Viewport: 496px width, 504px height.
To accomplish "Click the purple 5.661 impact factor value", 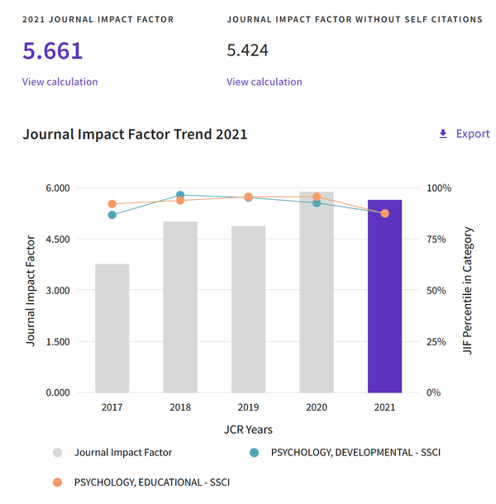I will pos(53,51).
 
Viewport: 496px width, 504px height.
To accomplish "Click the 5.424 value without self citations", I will pos(247,51).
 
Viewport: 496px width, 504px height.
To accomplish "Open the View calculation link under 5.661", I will pos(60,82).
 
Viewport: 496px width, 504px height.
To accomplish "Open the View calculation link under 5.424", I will pos(264,82).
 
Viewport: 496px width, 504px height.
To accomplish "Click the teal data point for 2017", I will pos(112,215).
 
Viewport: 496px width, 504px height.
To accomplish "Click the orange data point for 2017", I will pos(112,204).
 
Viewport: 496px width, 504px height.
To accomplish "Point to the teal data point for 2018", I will pos(180,196).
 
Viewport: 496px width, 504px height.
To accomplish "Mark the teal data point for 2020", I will pos(317,202).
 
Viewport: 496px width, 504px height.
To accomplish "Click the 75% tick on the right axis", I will pos(437,240).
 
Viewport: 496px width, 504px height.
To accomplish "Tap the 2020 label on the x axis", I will pos(317,408).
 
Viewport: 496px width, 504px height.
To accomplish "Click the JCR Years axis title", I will pos(248,430).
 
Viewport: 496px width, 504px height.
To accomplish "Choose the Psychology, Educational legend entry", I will pos(150,482).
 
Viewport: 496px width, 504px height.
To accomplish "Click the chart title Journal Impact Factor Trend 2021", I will pos(135,134).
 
